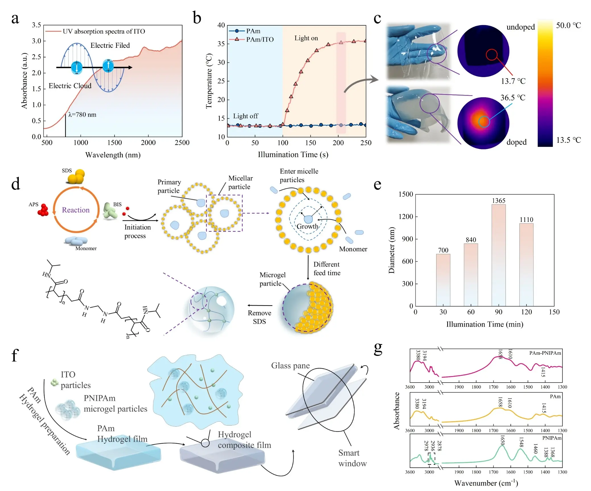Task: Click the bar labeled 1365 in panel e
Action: [498, 255]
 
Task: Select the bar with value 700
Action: [443, 280]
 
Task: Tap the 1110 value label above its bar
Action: [526, 220]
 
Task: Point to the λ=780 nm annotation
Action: [82, 115]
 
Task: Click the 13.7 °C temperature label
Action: [513, 81]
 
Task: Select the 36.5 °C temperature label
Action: [513, 98]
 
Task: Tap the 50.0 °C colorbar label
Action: [568, 25]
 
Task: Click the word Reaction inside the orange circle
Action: [76, 210]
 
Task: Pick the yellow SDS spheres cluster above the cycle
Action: [76, 177]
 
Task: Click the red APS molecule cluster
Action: [43, 210]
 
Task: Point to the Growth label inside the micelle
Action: [307, 226]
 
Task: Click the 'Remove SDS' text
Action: [259, 317]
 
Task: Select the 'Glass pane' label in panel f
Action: [290, 366]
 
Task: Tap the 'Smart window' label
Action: [352, 458]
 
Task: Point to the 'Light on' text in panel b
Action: [306, 38]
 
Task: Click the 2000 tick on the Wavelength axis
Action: [148, 143]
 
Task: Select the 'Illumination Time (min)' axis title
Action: [485, 324]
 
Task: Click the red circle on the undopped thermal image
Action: [491, 55]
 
